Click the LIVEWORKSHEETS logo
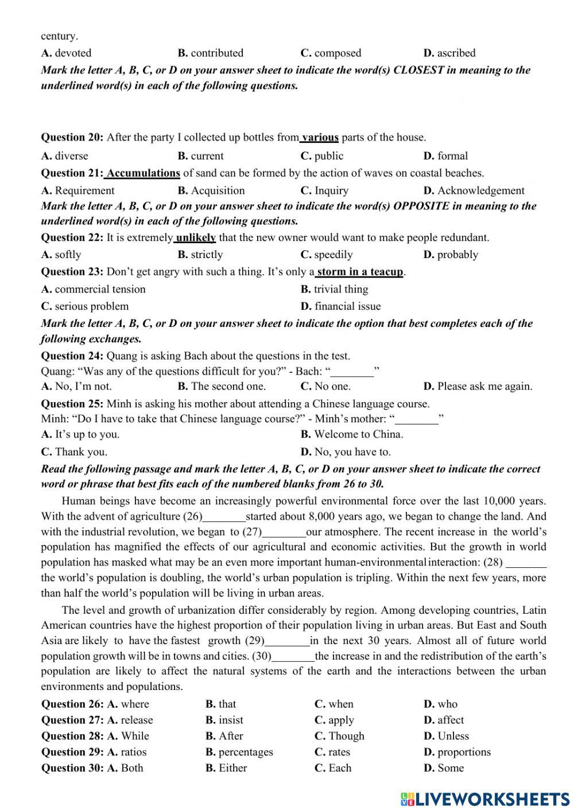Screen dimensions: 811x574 485,798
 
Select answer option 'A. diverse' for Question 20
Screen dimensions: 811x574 65,155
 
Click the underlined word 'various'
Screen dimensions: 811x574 320,137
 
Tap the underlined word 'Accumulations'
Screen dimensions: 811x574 143,173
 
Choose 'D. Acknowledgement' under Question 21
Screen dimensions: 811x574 474,190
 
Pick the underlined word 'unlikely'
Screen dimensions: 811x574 196,237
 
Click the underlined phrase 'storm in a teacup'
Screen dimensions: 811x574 360,272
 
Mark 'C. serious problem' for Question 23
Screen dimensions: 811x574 85,306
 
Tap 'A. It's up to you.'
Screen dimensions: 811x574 80,434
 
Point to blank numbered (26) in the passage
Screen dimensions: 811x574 224,517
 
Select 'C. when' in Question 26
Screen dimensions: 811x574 334,704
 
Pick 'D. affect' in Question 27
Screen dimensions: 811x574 444,720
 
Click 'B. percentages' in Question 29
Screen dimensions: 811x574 239,752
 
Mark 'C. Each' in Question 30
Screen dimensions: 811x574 333,768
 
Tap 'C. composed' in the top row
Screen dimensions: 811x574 331,53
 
